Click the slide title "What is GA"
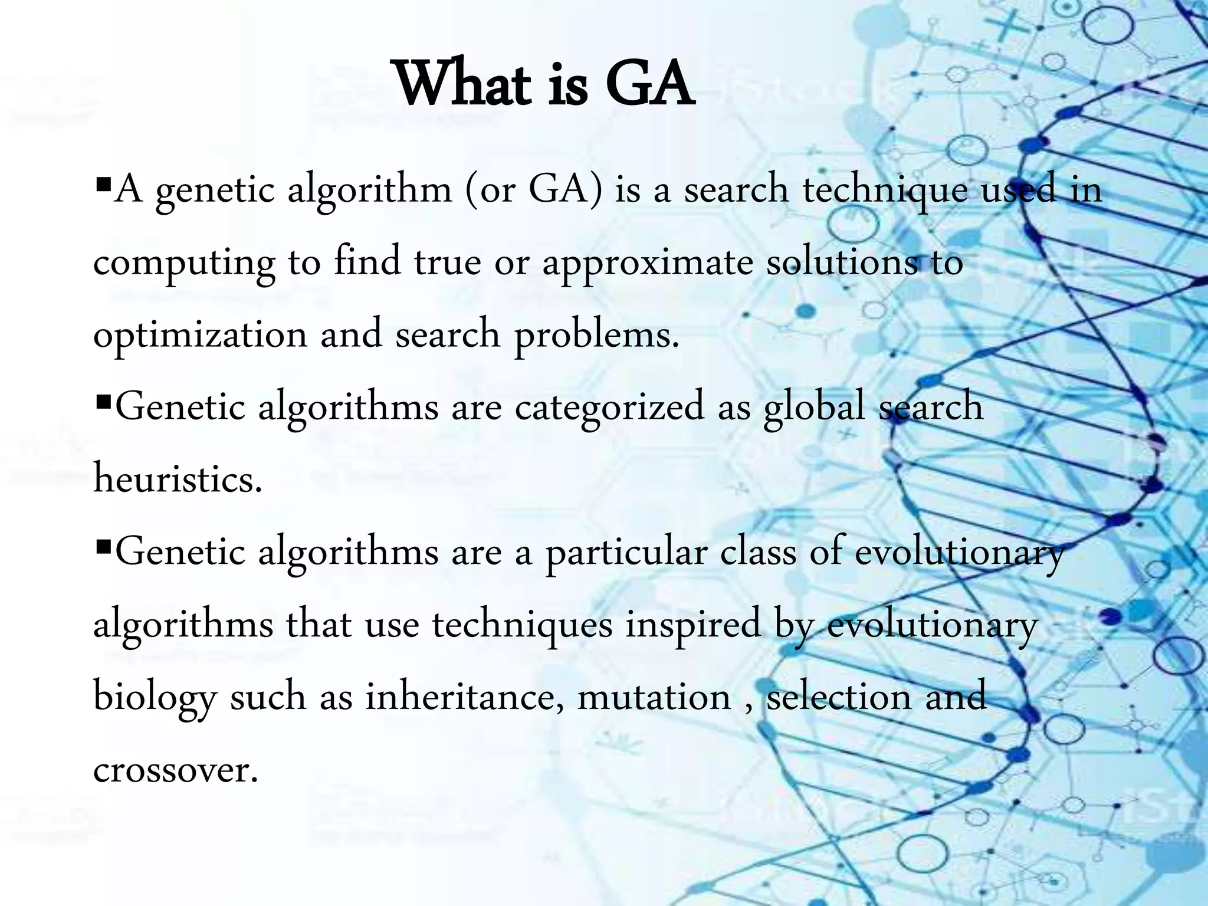tap(544, 86)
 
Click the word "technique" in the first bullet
tap(885, 190)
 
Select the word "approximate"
tap(648, 262)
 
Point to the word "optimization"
tap(201, 335)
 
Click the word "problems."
tap(597, 335)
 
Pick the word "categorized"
tap(609, 407)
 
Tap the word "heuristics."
tap(178, 479)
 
